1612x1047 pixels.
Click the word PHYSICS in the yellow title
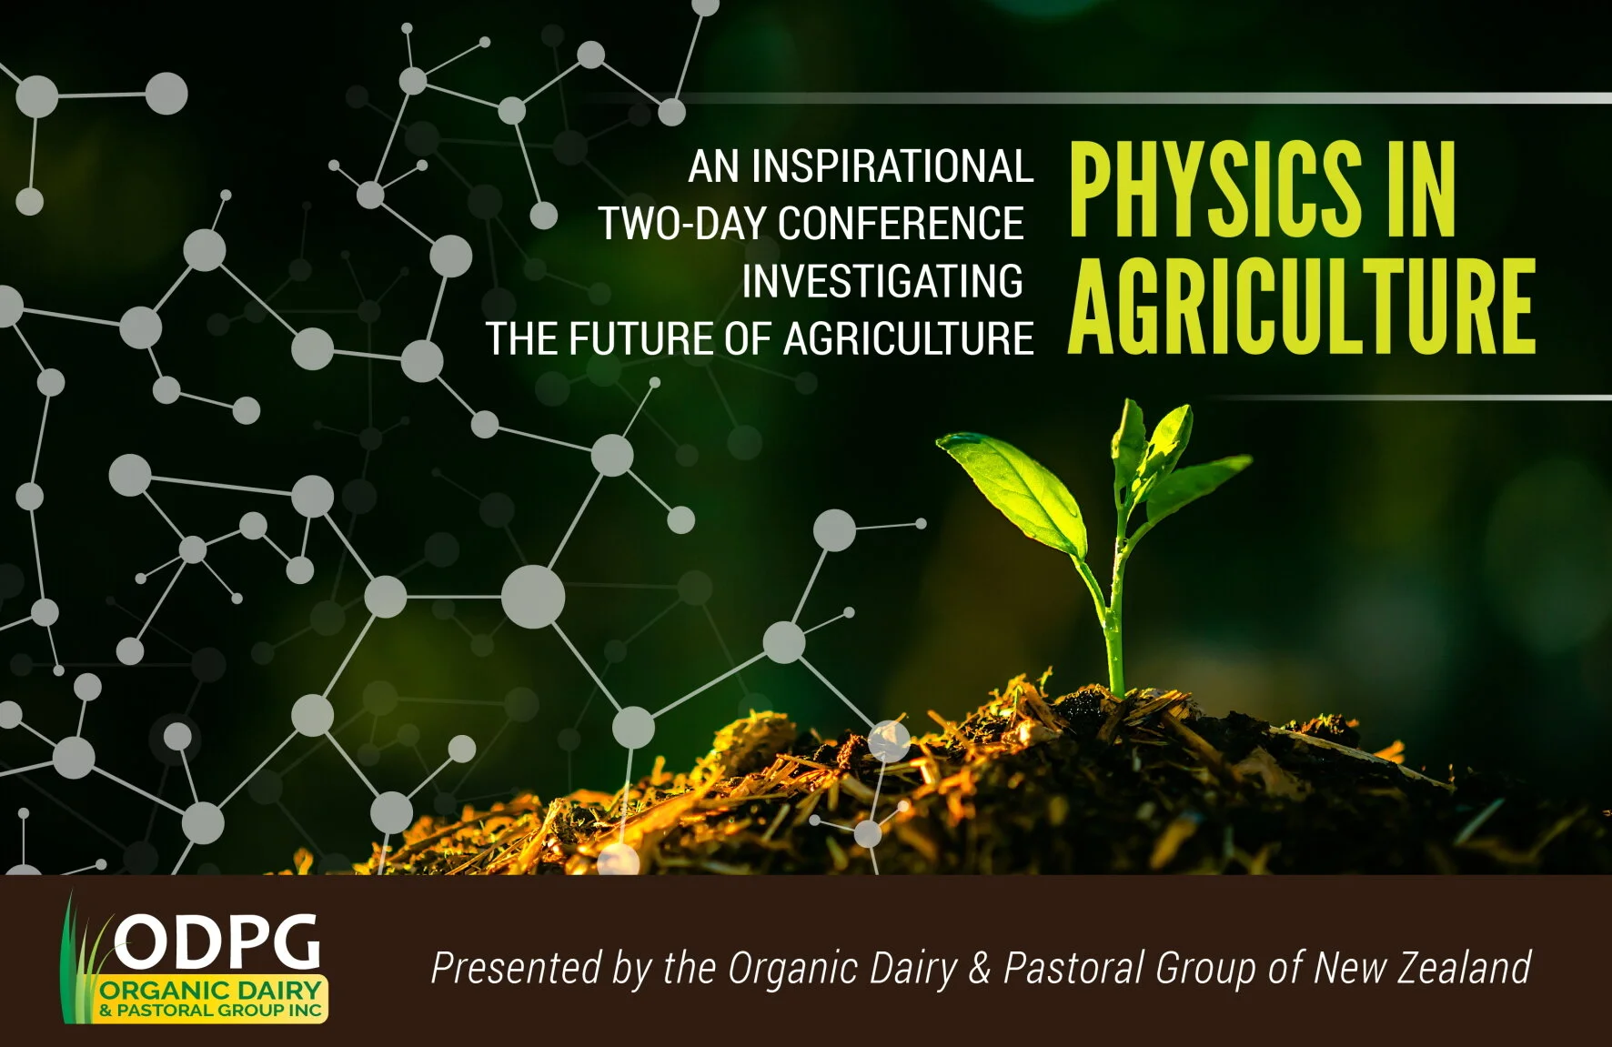pyautogui.click(x=1214, y=191)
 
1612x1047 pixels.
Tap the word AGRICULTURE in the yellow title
pyautogui.click(x=1301, y=307)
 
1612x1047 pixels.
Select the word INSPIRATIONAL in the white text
pyautogui.click(x=891, y=166)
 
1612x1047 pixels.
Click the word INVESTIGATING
pyautogui.click(x=882, y=281)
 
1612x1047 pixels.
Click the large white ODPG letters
pyautogui.click(x=218, y=943)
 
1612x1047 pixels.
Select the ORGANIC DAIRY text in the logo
pyautogui.click(x=211, y=991)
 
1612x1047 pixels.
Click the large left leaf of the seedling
pyautogui.click(x=1014, y=487)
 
